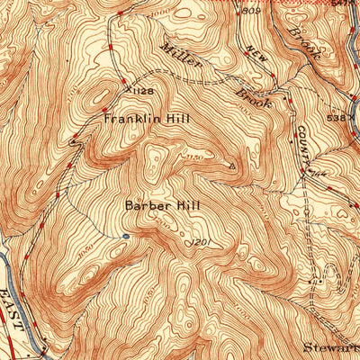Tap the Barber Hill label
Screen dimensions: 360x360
point(163,205)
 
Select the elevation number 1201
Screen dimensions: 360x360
point(199,241)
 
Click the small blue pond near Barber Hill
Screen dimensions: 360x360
point(125,236)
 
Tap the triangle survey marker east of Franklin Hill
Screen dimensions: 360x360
point(232,166)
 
